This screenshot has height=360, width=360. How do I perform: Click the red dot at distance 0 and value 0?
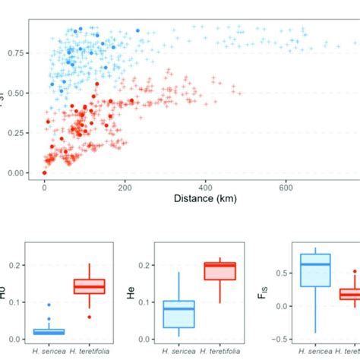tap(44, 173)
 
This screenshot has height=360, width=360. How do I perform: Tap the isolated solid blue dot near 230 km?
tap(137, 30)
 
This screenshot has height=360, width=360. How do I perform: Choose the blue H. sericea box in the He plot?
tap(179, 314)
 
